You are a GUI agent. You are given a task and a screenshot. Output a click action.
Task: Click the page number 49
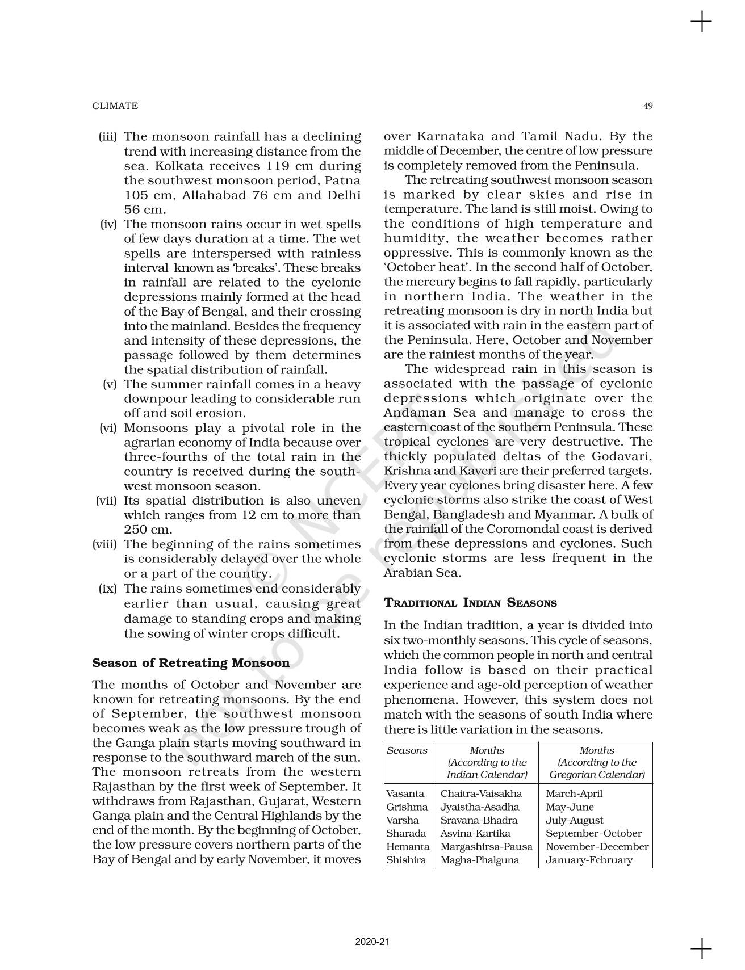(648, 106)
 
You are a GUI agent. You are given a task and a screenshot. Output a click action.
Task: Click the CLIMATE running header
(115, 106)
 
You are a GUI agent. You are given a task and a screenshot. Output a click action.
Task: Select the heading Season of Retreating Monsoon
(191, 663)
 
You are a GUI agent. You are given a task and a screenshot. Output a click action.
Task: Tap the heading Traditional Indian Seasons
(470, 603)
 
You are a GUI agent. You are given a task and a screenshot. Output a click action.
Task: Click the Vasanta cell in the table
(405, 793)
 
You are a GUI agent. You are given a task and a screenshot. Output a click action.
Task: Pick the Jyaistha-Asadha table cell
(479, 807)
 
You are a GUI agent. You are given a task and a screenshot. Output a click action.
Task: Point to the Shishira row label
(406, 860)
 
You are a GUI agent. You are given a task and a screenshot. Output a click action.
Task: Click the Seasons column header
(407, 750)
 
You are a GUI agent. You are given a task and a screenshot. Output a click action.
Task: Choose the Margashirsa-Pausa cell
(486, 846)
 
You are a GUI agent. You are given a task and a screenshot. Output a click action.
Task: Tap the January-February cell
(588, 860)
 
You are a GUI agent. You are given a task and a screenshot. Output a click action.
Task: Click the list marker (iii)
(108, 136)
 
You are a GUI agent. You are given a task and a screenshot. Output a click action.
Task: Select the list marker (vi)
(108, 428)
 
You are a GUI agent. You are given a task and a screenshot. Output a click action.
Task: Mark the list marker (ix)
(108, 589)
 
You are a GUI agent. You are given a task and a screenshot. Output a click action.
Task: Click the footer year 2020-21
(372, 943)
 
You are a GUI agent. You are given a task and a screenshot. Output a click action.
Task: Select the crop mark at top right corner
(701, 22)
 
